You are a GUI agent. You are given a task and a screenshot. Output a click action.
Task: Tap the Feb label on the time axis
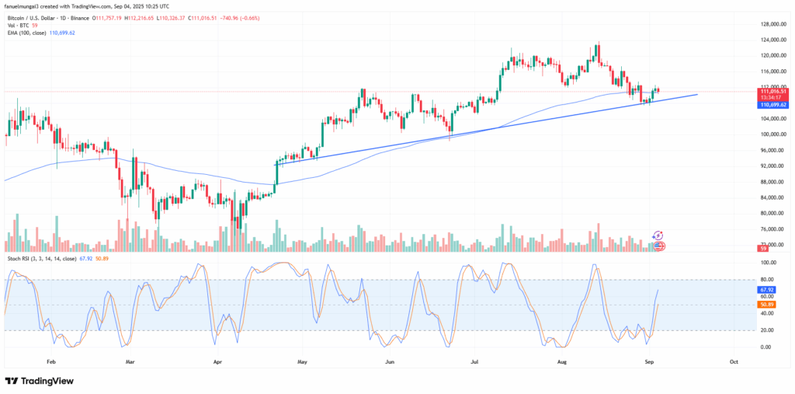[51, 362]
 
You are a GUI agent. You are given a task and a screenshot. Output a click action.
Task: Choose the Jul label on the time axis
[474, 362]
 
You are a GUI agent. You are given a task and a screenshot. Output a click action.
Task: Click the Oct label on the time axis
[734, 362]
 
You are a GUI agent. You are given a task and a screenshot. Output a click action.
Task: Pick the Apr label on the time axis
[217, 362]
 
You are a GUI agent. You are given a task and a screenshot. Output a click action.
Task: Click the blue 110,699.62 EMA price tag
[772, 104]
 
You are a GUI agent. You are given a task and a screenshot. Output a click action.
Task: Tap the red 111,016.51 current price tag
[772, 92]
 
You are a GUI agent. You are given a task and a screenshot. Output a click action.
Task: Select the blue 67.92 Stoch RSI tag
[766, 289]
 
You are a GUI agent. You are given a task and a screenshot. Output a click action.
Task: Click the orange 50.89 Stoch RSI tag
[766, 304]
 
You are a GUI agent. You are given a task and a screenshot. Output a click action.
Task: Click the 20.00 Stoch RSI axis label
[766, 330]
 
